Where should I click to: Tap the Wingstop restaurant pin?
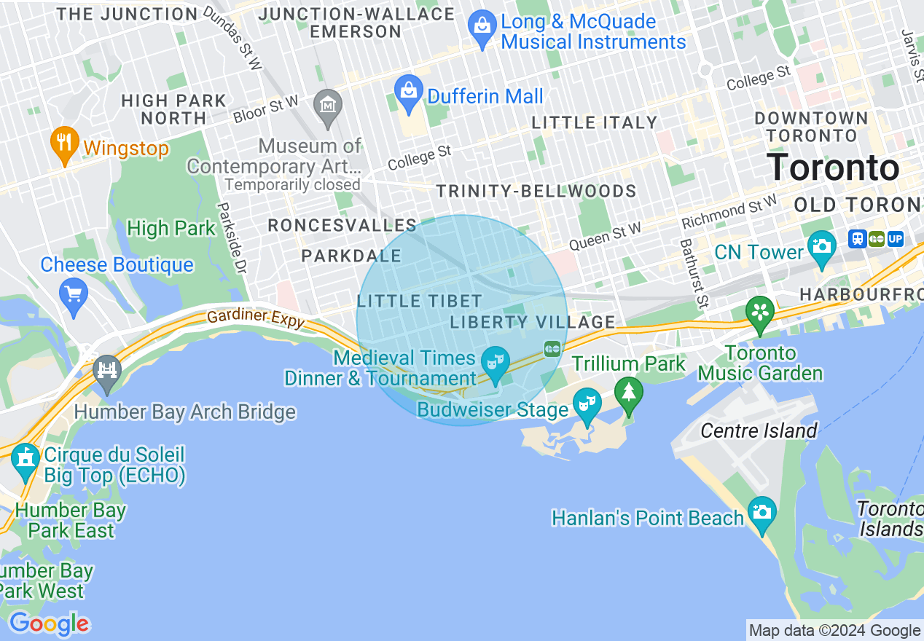[x=65, y=142]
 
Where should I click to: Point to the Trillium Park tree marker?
[x=628, y=392]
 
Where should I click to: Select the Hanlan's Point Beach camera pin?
[x=761, y=512]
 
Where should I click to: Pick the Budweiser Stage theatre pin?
[x=587, y=404]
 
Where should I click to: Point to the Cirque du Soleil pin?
[x=26, y=459]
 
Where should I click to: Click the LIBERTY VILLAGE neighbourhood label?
[x=533, y=322]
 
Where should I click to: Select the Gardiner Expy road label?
[x=255, y=318]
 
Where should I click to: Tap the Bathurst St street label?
[x=694, y=272]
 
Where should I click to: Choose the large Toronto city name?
[x=833, y=168]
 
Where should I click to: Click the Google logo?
[x=49, y=624]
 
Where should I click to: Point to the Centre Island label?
[x=759, y=430]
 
